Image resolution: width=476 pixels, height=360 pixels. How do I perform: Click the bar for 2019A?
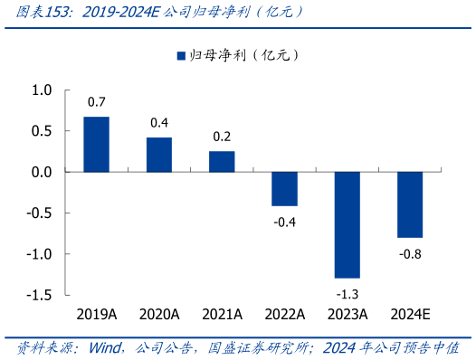tap(96, 144)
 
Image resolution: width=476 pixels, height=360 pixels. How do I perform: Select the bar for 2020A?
tap(159, 155)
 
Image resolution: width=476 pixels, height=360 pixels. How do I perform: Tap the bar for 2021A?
tap(222, 161)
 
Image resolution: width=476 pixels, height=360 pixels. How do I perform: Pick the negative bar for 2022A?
tap(284, 188)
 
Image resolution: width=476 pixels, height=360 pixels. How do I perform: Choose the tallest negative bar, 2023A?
tap(347, 224)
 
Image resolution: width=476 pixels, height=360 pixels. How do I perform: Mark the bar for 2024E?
tap(410, 204)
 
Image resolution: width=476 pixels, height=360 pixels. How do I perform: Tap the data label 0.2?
tap(222, 136)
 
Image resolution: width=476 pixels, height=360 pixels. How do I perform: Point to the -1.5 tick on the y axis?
tap(41, 296)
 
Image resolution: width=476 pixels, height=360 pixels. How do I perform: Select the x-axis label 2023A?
tap(347, 316)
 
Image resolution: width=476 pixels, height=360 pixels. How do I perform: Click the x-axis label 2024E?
tap(410, 316)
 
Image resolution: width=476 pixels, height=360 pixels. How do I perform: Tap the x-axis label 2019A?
tap(96, 316)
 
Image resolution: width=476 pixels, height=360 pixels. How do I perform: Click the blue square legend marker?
tap(180, 56)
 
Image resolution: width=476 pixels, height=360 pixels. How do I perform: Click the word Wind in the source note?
tap(108, 347)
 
